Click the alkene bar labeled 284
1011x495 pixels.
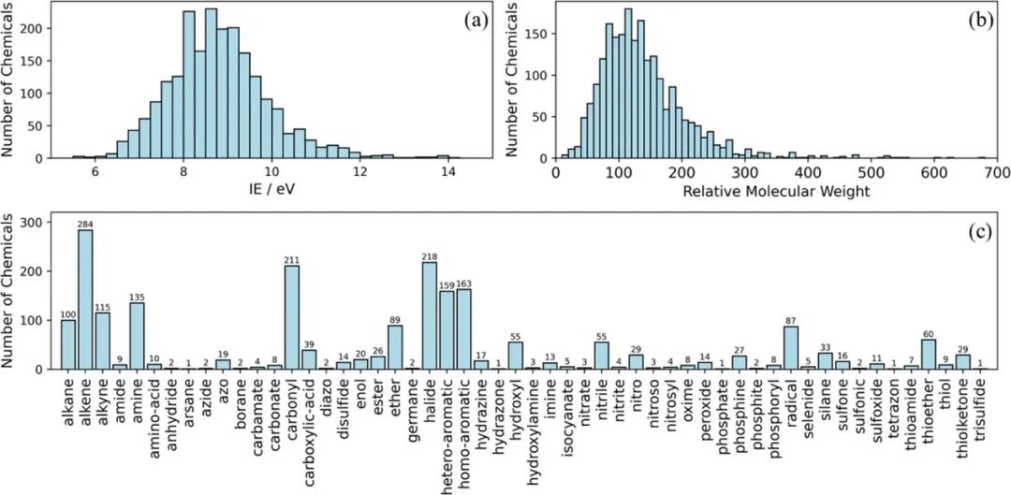85,299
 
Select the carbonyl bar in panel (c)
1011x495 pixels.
292,317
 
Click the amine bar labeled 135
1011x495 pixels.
137,336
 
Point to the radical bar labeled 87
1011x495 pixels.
791,347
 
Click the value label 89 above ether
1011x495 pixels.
395,319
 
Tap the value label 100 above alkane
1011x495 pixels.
67,314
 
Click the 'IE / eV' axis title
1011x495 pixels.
271,192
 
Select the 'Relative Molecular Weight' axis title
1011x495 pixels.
776,192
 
